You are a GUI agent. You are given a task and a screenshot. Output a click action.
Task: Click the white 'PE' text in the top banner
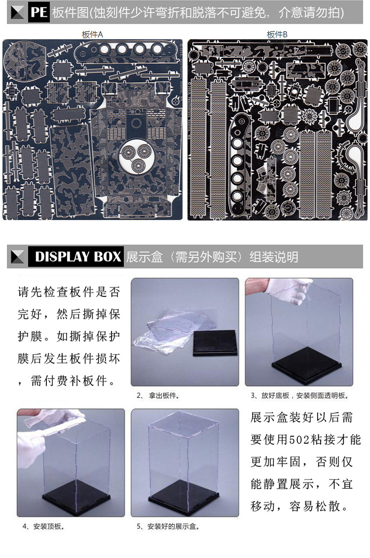coord(38,12)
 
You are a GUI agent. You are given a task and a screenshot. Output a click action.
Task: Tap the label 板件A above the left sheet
coord(92,34)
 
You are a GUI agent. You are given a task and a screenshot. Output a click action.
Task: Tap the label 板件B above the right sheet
coord(277,34)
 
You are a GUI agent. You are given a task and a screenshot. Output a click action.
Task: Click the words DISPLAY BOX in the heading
coord(78,257)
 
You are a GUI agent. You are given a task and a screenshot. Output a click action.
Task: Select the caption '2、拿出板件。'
coord(158,396)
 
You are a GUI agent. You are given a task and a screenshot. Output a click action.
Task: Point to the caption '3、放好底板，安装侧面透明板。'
coord(299,396)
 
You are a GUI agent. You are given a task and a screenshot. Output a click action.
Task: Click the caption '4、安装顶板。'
coord(43,526)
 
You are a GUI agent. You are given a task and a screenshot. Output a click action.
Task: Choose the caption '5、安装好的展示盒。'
coord(168,526)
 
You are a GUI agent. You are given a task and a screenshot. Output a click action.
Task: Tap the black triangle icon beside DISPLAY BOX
coord(18,257)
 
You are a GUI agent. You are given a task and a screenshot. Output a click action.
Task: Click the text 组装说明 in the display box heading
coord(274,257)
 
